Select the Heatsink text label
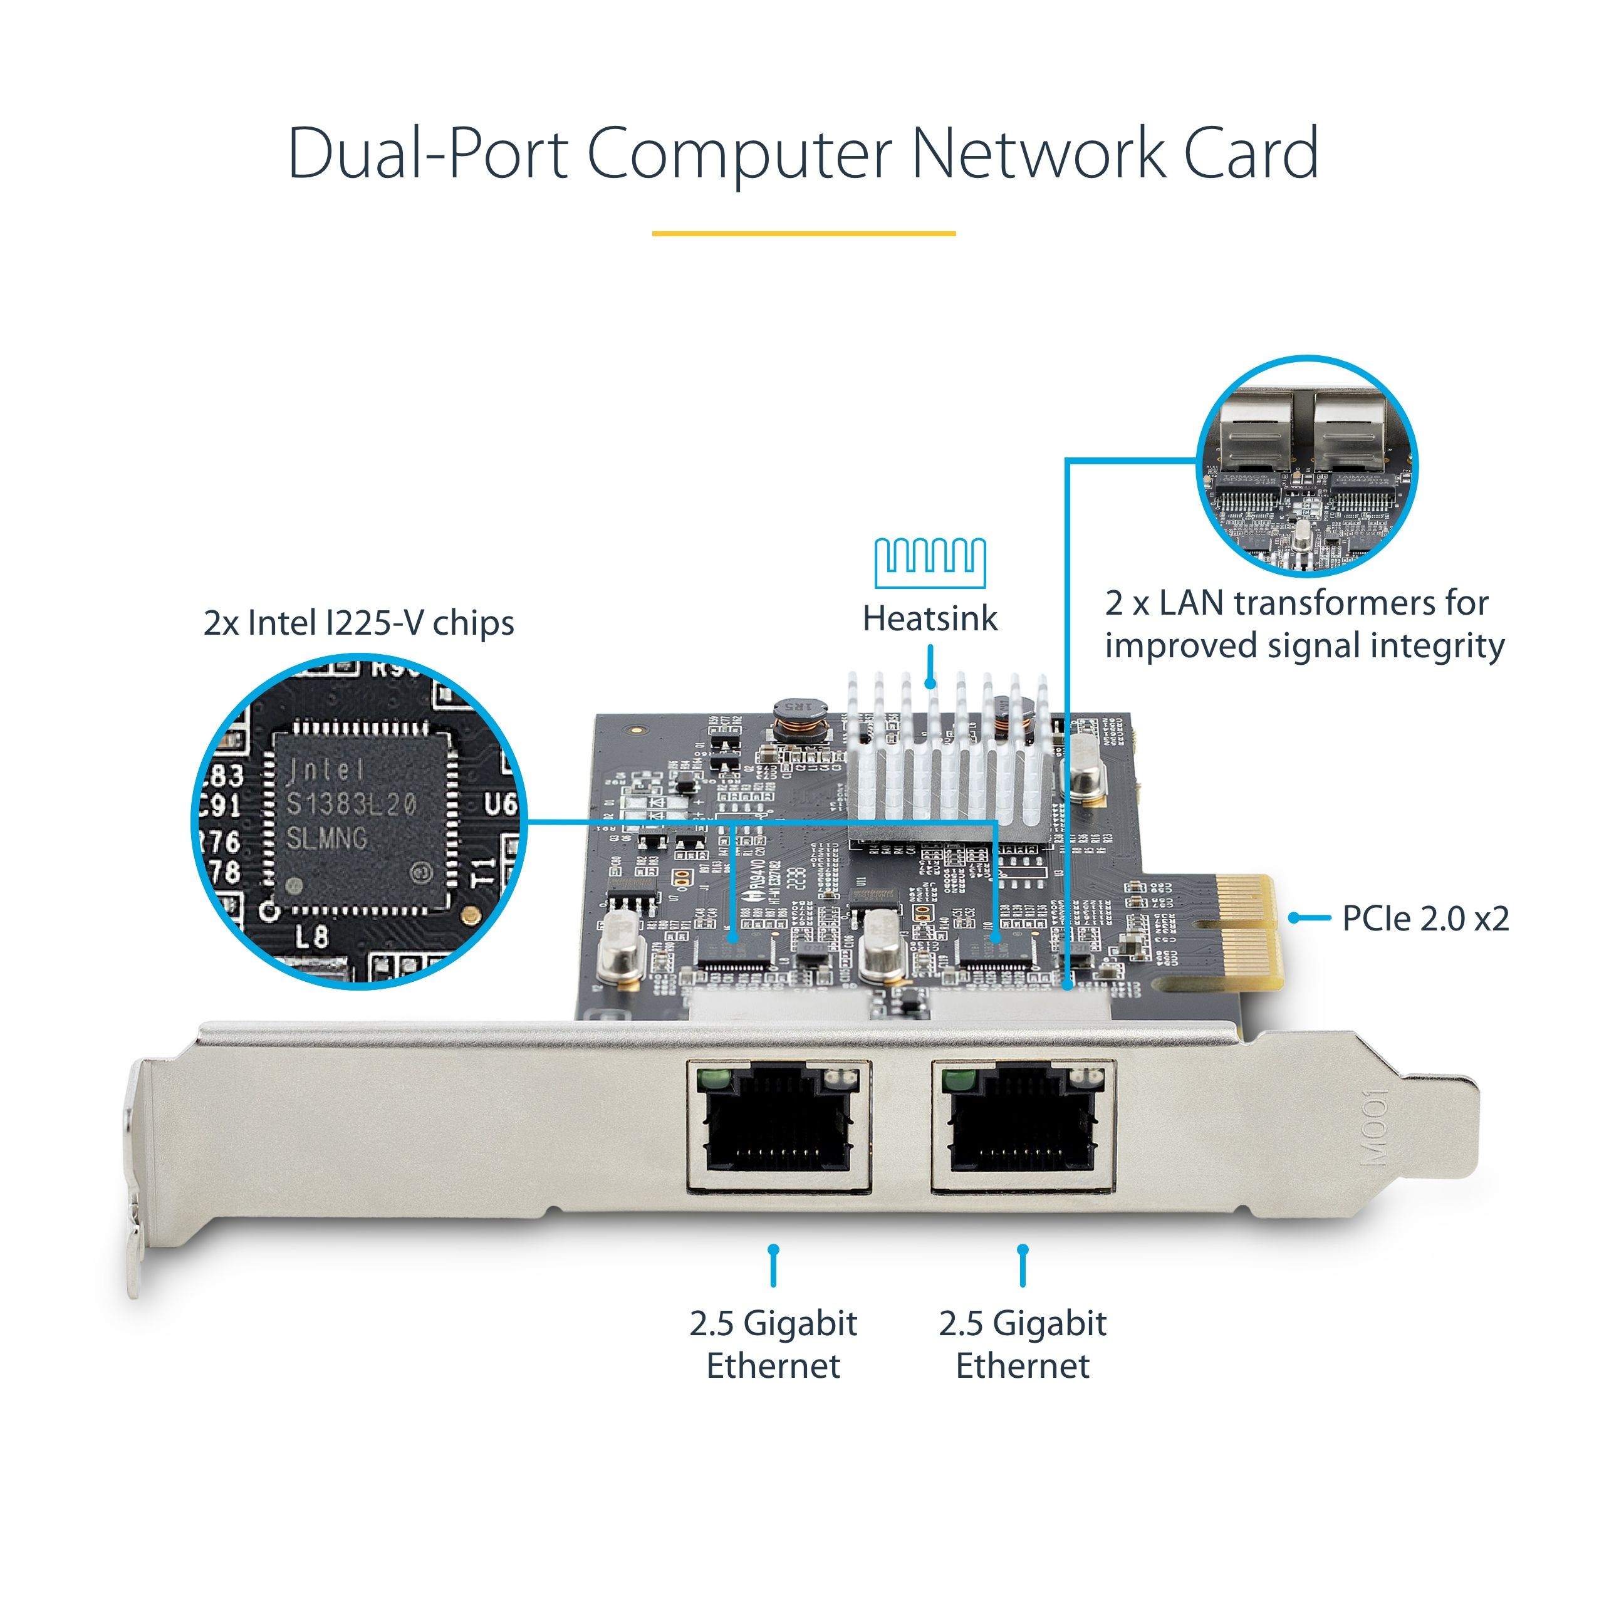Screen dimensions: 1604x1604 [930, 618]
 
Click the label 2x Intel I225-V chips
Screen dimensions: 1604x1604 [358, 623]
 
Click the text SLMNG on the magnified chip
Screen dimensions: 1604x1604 [327, 838]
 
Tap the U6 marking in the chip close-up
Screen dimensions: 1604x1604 [500, 804]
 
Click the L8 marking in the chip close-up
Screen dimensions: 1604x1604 [311, 937]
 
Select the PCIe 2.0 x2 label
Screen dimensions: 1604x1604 [1425, 919]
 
